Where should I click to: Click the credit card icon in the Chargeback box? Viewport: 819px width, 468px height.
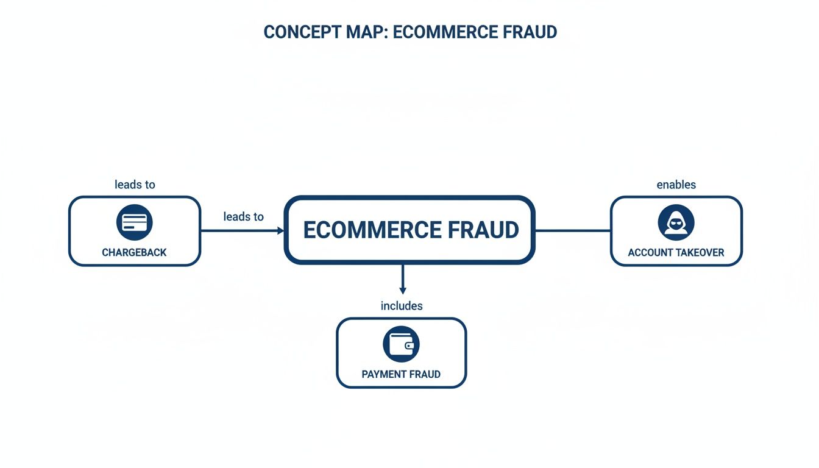pyautogui.click(x=134, y=222)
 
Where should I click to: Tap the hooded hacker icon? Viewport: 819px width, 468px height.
pyautogui.click(x=676, y=222)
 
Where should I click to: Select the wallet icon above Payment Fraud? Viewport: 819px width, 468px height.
pyautogui.click(x=401, y=344)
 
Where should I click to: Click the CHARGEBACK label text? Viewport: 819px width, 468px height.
pyautogui.click(x=134, y=252)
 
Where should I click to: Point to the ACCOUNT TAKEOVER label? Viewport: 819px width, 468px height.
pyautogui.click(x=676, y=252)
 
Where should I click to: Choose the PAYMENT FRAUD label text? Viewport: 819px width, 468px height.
pyautogui.click(x=401, y=374)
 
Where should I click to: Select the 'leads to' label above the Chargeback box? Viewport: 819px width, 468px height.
pyautogui.click(x=135, y=184)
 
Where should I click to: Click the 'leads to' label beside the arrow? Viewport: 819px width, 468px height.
pyautogui.click(x=243, y=216)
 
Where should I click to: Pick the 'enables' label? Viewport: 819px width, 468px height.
pyautogui.click(x=676, y=184)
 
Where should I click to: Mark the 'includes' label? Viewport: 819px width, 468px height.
pyautogui.click(x=401, y=305)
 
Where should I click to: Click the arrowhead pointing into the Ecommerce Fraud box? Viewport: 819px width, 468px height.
pyautogui.click(x=281, y=231)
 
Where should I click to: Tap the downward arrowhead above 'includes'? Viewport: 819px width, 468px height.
pyautogui.click(x=402, y=291)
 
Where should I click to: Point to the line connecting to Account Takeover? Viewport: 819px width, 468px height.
pyautogui.click(x=573, y=231)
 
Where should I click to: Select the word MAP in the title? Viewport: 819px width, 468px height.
pyautogui.click(x=369, y=32)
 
